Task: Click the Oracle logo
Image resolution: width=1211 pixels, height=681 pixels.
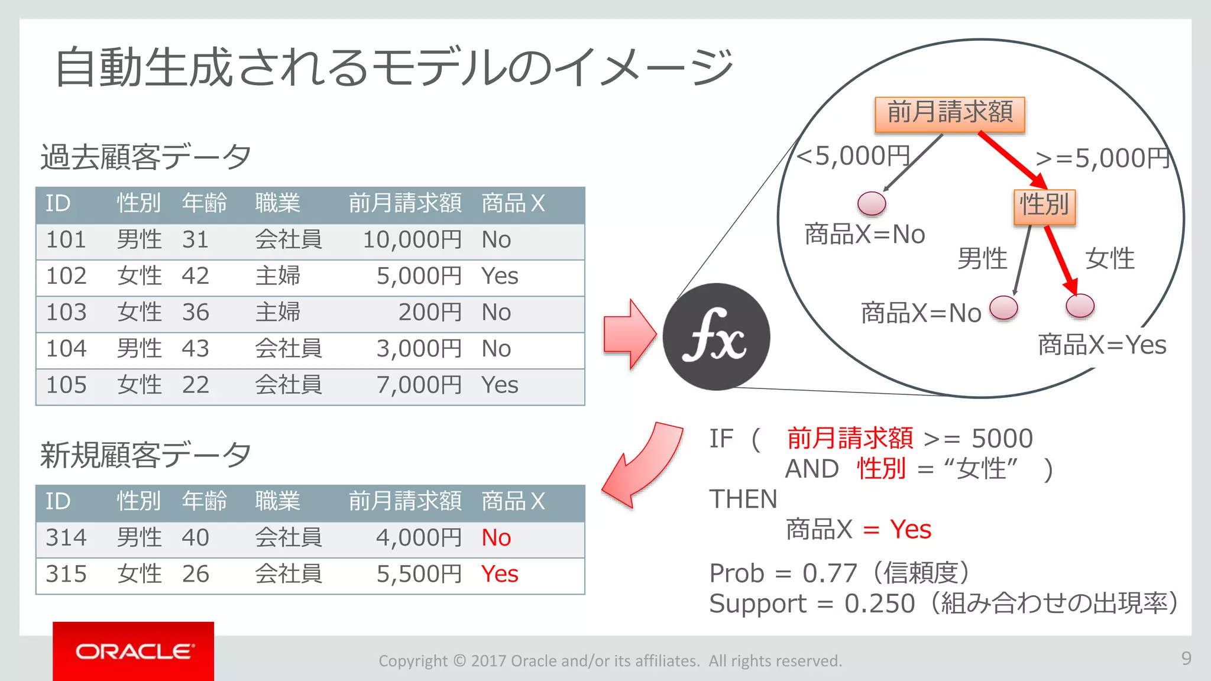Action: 134,651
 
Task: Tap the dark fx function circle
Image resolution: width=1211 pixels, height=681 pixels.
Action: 716,337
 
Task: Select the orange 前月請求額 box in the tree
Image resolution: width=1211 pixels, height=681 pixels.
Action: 950,113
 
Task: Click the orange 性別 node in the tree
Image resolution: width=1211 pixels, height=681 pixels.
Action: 1044,206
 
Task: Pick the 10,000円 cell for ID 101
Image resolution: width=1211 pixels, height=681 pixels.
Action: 412,240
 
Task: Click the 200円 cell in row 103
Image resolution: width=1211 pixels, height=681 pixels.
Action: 429,313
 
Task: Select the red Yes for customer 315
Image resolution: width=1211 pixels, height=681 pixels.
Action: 500,574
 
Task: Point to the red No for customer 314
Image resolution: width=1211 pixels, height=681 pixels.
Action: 496,538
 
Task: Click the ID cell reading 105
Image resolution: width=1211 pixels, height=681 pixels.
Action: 66,385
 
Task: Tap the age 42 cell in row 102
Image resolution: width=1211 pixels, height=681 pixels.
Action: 195,276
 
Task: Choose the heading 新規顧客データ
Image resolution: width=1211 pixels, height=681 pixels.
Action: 145,455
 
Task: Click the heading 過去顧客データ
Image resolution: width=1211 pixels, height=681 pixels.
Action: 145,157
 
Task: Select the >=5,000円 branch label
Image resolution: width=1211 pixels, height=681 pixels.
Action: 1103,158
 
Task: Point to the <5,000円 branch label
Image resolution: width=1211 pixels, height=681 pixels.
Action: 853,156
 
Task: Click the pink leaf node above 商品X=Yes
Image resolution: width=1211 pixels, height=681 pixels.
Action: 1080,306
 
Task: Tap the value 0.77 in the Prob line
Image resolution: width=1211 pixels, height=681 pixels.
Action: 830,573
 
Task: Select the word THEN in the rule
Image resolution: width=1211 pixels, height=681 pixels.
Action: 743,500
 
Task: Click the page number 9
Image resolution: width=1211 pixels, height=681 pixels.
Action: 1186,659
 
